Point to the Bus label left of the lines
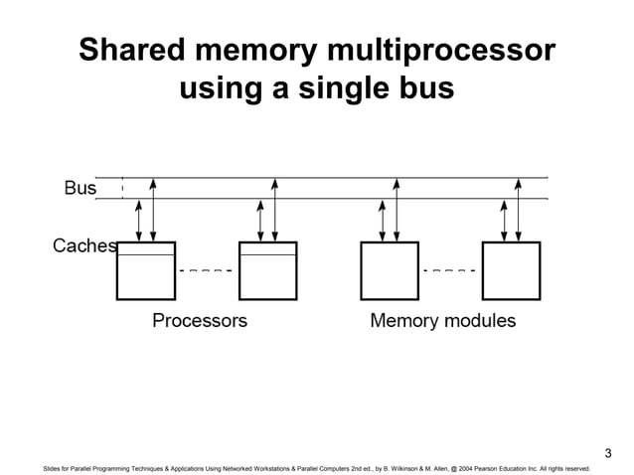point(79,187)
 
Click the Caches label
point(84,245)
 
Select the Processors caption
point(199,321)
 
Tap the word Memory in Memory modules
point(405,321)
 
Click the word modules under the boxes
point(481,321)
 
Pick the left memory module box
point(390,270)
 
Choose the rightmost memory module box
point(511,270)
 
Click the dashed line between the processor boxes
point(207,270)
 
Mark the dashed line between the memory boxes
point(450,270)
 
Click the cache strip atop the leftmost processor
point(146,248)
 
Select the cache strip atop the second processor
point(267,248)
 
